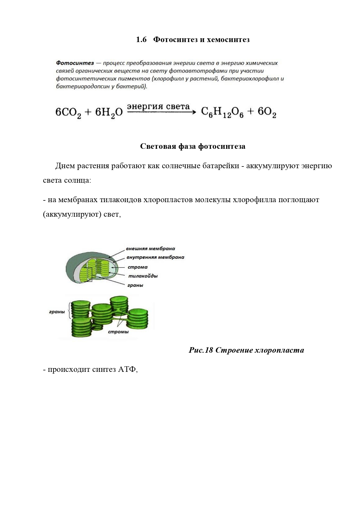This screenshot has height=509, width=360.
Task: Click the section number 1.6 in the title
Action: tap(141, 39)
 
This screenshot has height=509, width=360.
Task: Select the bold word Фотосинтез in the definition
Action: tap(75, 63)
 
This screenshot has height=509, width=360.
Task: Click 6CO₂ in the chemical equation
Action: tap(68, 112)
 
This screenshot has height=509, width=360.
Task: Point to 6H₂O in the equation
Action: tap(109, 112)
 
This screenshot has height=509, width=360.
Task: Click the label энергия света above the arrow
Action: tap(158, 106)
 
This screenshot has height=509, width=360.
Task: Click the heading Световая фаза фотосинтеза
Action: tap(193, 146)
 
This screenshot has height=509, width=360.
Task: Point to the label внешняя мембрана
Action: tap(150, 249)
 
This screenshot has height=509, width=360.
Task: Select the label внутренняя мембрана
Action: tap(155, 257)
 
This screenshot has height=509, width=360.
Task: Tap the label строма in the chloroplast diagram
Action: tap(138, 267)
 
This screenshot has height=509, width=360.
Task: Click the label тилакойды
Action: tap(143, 276)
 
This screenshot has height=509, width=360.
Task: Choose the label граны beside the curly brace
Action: tap(57, 312)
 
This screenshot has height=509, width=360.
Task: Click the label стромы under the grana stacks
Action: tap(118, 332)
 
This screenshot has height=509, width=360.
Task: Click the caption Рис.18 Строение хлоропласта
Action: tap(246, 350)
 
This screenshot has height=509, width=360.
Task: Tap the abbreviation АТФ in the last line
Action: tap(127, 369)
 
